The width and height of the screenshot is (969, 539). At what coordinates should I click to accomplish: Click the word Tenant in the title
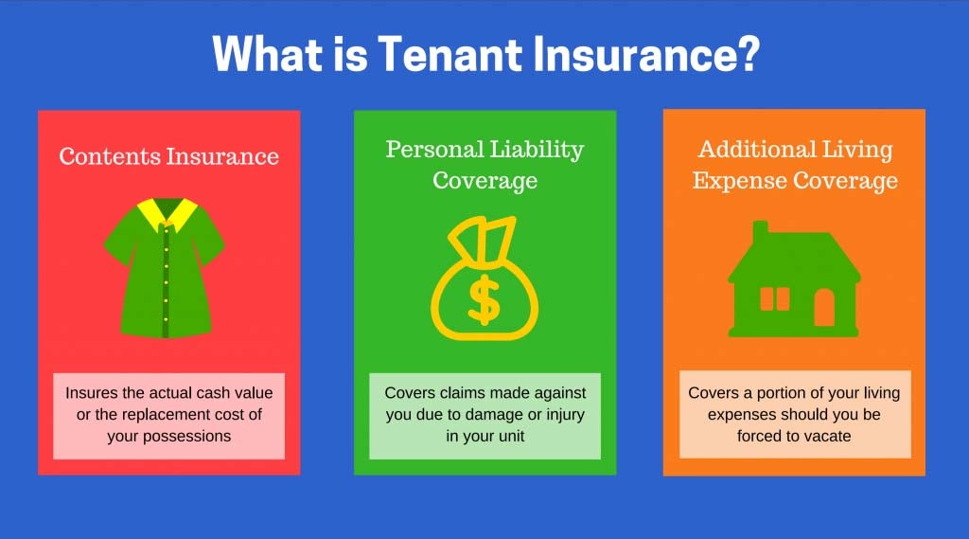450,54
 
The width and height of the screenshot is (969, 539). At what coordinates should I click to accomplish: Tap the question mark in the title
748,54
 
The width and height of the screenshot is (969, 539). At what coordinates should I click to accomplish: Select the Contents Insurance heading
168,156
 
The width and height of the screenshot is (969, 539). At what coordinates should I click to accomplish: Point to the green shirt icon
165,268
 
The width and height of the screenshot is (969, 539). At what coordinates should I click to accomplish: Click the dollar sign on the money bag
484,299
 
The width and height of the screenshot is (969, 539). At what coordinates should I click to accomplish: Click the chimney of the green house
760,233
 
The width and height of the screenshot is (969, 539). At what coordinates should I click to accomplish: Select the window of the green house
774,299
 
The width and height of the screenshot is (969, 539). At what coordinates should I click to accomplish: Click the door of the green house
824,308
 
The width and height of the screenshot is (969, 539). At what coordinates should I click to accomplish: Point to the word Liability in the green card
537,151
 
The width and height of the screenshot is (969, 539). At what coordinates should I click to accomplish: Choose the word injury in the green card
565,415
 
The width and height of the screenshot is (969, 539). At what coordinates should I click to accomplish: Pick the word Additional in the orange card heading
749,149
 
